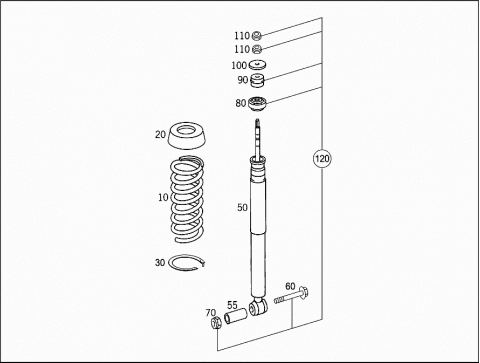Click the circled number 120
coord(322,159)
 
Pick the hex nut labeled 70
coord(216,322)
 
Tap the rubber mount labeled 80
coord(258,103)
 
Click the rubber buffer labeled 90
coord(257,81)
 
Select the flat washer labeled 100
coord(257,64)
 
